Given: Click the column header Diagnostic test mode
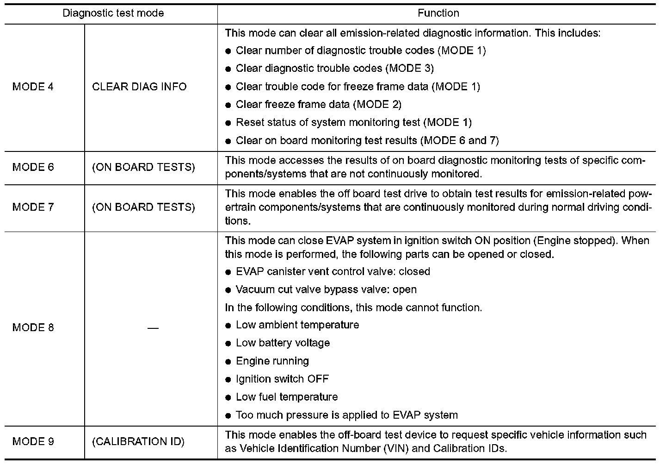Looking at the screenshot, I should (113, 13).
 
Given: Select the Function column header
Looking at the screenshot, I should (438, 13).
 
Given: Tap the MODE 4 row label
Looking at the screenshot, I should (33, 87).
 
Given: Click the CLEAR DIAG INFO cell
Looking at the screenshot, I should (139, 87).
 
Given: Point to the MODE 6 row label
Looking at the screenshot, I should (33, 167).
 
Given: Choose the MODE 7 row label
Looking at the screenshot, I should (33, 207).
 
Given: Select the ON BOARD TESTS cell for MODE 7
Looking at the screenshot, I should (143, 207).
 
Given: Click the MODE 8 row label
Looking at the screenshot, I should (33, 327).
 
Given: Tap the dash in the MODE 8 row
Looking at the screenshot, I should (153, 328).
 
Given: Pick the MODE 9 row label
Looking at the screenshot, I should (33, 441).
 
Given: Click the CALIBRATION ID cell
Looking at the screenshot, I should (138, 441).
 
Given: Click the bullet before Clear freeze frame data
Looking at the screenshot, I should (228, 105).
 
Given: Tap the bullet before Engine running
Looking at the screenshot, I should (228, 362).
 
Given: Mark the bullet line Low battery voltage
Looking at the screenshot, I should (283, 343).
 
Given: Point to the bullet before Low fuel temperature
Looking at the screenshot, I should (228, 398).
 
